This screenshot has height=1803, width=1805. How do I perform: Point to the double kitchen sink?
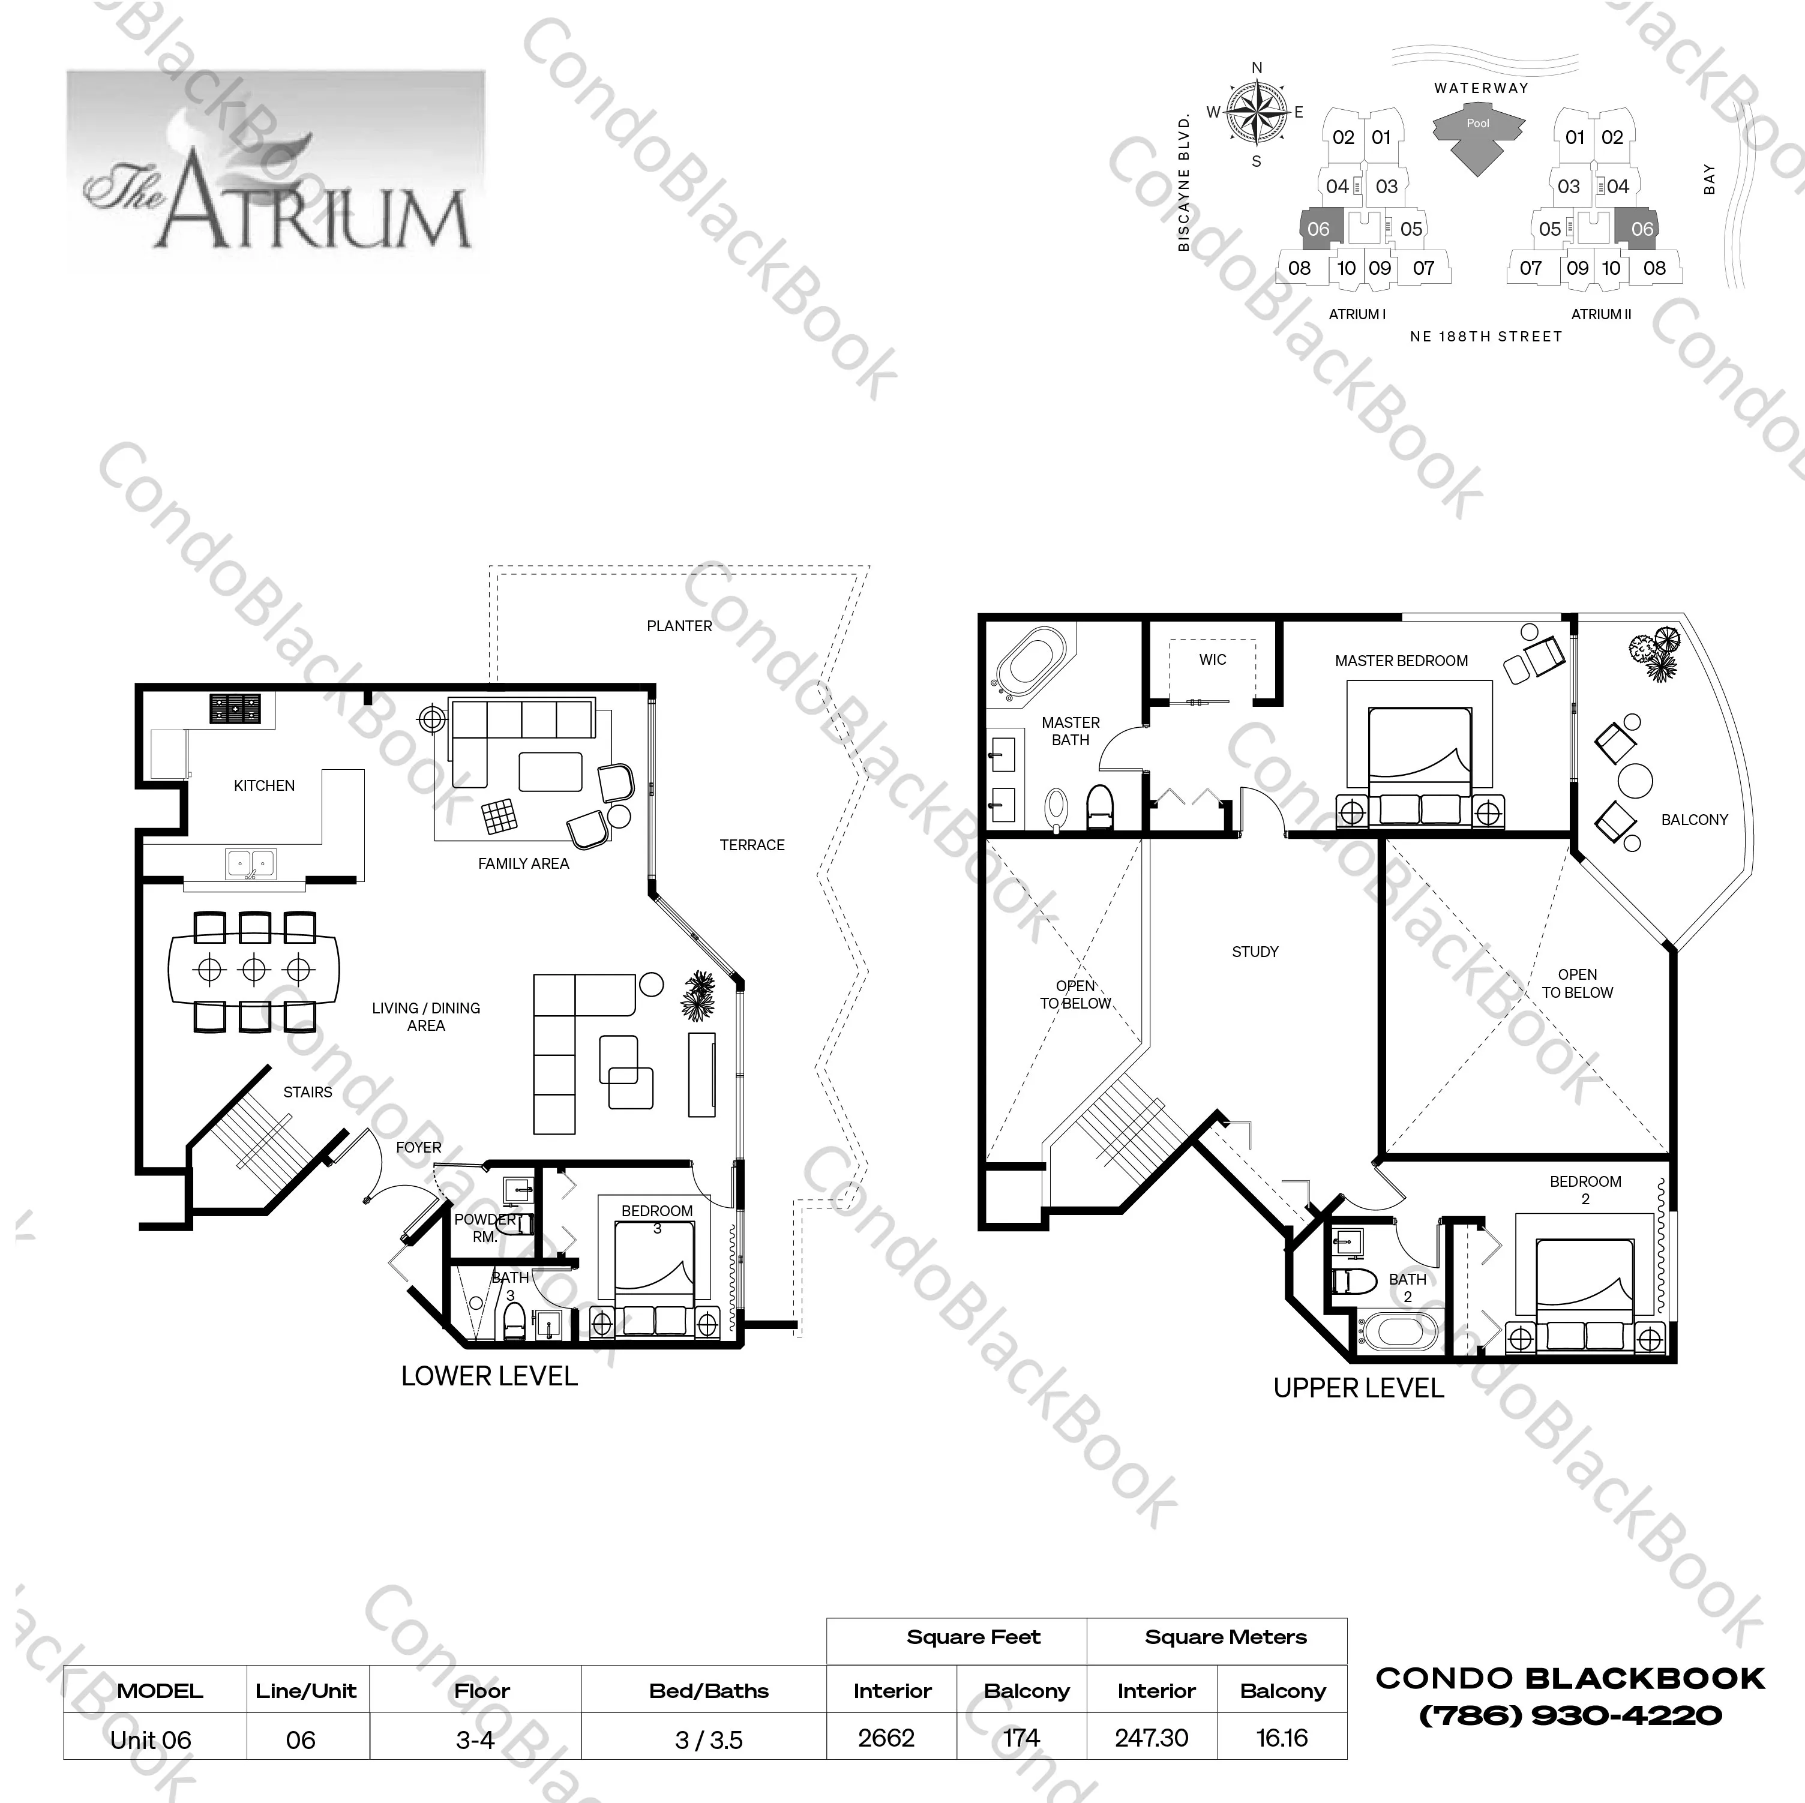click(x=250, y=863)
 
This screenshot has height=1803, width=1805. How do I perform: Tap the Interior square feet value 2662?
click(x=886, y=1738)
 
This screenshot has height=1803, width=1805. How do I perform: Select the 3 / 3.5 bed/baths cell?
click(x=708, y=1739)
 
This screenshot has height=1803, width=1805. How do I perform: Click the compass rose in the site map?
click(x=1257, y=113)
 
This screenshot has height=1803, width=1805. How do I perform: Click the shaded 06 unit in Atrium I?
click(x=1318, y=229)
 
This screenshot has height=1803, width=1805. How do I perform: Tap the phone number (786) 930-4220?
click(x=1570, y=1715)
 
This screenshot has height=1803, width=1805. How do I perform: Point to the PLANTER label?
click(x=679, y=626)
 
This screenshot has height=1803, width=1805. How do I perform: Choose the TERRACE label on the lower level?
click(x=751, y=845)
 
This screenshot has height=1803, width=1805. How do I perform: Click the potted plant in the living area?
click(x=698, y=996)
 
